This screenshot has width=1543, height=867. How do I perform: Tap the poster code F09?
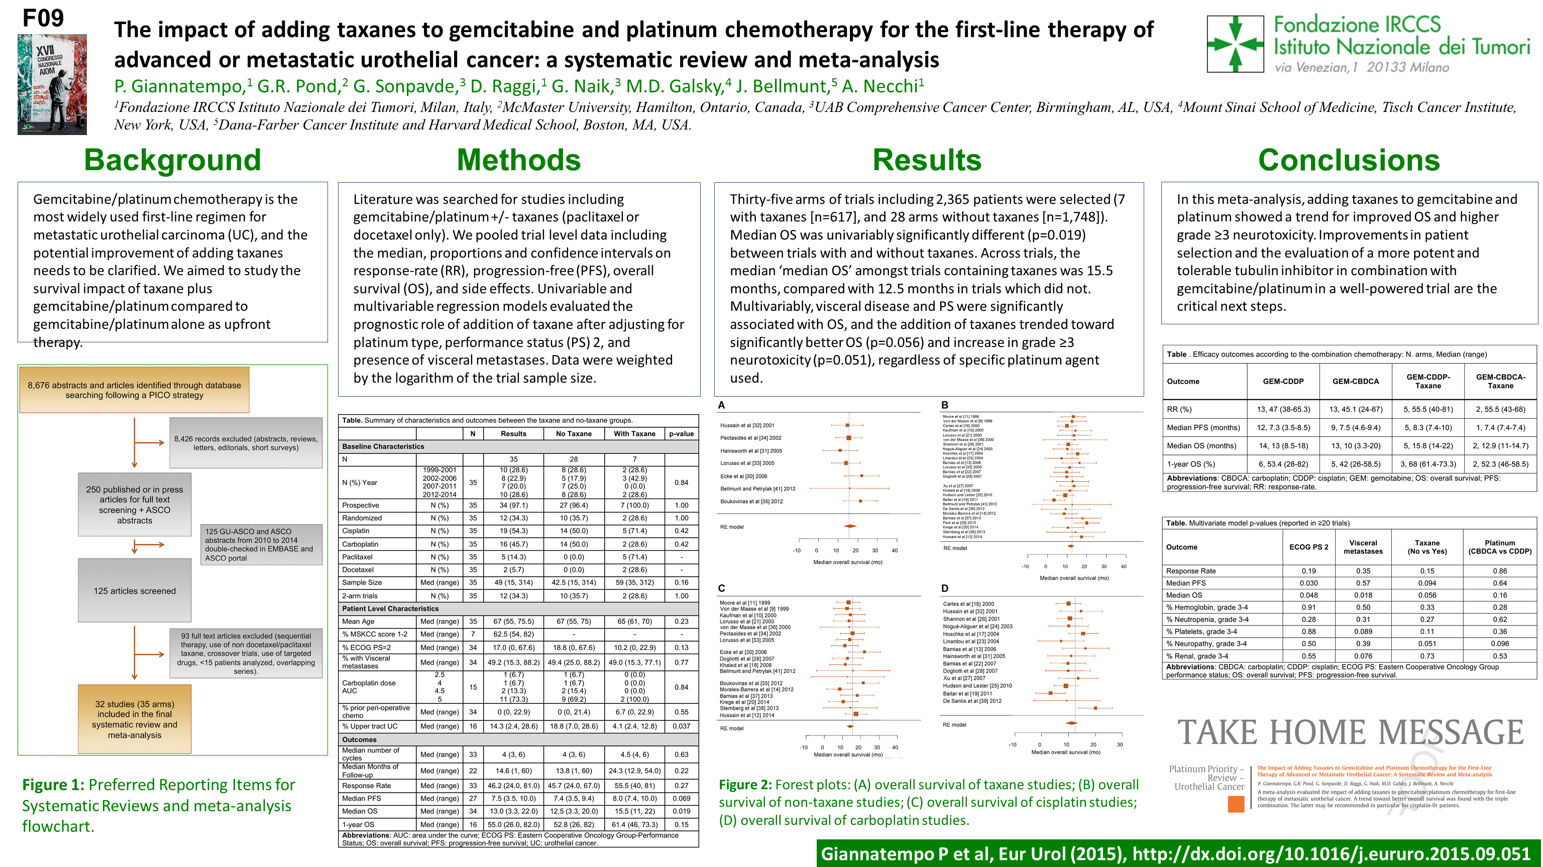43,18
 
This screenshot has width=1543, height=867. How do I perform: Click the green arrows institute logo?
1235,44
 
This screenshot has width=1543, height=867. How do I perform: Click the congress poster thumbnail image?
52,84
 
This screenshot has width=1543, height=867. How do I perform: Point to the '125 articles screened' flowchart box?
134,590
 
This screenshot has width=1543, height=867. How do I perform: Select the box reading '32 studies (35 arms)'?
134,719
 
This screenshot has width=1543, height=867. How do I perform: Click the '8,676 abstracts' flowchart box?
134,390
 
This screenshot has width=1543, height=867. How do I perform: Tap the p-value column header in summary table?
681,434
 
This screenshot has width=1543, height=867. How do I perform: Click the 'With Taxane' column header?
634,434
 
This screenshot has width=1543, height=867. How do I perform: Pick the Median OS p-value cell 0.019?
681,811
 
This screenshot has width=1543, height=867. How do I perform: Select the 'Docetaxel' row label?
358,569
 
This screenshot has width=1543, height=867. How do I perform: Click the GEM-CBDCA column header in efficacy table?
1355,382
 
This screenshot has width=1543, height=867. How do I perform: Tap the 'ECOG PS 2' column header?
1308,547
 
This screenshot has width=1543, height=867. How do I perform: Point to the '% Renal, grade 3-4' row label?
1197,656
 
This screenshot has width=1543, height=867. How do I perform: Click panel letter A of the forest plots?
722,405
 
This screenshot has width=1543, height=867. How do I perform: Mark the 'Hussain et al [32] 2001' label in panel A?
747,425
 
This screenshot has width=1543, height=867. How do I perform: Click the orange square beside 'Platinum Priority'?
1236,804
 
